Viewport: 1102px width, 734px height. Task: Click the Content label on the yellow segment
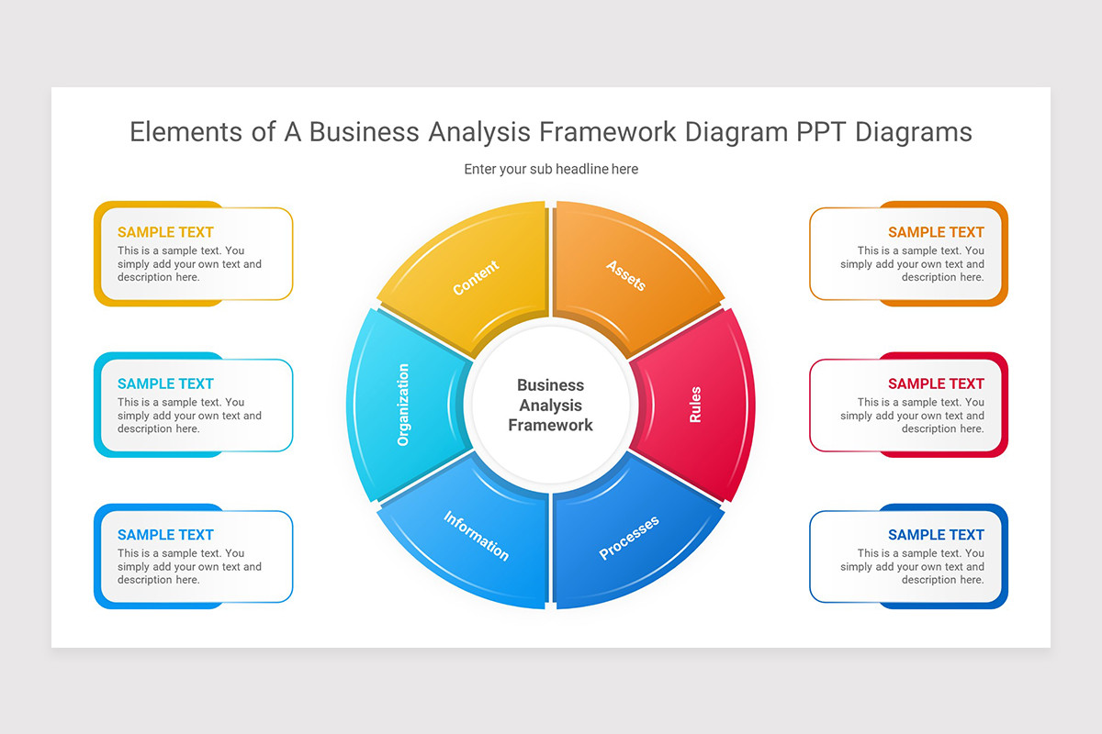(476, 278)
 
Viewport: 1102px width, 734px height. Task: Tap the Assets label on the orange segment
(626, 275)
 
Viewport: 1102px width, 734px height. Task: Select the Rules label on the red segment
(695, 405)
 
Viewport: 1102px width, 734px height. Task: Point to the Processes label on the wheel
(629, 538)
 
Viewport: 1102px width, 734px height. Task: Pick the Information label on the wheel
(476, 536)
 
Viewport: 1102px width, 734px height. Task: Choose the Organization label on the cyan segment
(403, 405)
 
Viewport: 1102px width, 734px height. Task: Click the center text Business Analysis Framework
(550, 405)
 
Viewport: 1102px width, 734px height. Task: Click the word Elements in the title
(188, 132)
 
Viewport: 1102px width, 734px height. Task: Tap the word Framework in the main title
(606, 132)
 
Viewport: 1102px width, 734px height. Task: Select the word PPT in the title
(819, 132)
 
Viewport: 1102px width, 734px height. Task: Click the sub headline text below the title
(551, 169)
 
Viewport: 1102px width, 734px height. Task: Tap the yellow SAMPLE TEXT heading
(165, 232)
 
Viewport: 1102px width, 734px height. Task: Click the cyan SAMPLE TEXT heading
(165, 384)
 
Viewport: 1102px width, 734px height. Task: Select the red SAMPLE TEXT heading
(936, 384)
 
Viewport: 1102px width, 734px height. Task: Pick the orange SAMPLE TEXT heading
(936, 232)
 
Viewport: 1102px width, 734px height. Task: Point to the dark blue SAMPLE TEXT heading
(936, 535)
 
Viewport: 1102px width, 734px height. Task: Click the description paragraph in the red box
(912, 416)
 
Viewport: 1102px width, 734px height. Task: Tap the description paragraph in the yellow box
(189, 264)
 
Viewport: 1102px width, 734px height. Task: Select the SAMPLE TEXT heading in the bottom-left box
(165, 535)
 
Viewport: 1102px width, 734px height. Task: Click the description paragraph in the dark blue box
(912, 567)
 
